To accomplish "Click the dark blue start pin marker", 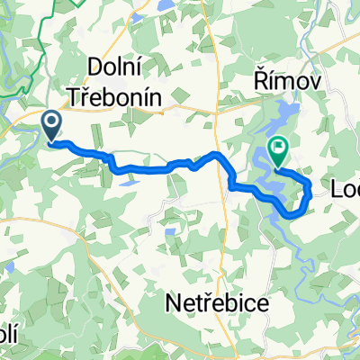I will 51,125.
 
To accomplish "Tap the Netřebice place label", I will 218,304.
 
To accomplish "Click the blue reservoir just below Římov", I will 287,117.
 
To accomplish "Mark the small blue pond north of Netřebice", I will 169,232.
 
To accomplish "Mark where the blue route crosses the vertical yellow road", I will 221,159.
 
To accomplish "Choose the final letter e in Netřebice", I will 262,304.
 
